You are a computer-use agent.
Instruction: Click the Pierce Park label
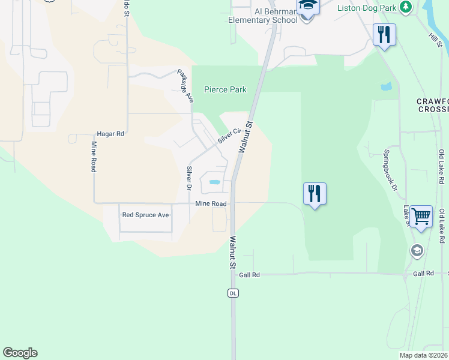pos(225,89)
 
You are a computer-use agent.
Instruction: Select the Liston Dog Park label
pos(368,7)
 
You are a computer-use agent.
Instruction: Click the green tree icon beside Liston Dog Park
pos(406,7)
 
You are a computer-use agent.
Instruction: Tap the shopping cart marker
pos(421,216)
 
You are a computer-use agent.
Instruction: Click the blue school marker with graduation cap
pos(307,6)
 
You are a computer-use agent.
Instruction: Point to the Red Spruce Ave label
pos(146,215)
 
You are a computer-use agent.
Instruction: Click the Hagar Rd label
pos(110,134)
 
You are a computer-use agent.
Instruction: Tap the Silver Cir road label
pos(229,136)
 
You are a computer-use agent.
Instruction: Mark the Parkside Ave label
pos(185,86)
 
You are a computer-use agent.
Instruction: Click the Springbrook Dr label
pos(391,170)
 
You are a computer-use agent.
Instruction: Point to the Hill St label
pos(435,40)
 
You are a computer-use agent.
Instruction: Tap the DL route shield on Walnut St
pos(233,293)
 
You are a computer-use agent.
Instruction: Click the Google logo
pos(20,353)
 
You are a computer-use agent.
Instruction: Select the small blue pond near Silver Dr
pos(214,182)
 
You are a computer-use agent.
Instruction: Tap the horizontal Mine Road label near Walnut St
pos(211,204)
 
